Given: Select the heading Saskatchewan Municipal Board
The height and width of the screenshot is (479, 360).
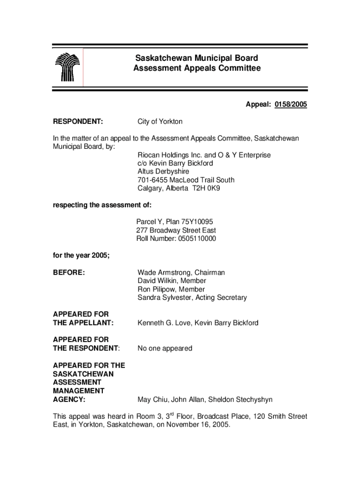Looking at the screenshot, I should (196, 58).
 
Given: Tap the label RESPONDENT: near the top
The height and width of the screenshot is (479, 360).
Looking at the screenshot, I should (78, 122).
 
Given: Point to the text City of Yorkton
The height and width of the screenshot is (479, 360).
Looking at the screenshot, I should (160, 122).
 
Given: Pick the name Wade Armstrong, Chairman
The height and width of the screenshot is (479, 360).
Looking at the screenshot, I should (181, 273).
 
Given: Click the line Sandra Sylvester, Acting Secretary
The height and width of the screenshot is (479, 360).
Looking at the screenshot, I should (192, 298).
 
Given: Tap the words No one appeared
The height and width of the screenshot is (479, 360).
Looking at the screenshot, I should (165, 348).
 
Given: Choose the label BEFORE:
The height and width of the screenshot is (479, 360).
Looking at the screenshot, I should (69, 273).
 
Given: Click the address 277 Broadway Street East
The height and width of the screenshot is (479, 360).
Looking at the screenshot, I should (176, 231).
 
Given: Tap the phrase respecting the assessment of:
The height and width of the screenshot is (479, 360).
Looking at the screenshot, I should (102, 205).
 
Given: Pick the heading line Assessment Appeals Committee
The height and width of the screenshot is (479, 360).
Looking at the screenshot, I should (196, 69).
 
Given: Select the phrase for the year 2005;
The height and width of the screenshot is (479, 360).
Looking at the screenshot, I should (81, 256).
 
